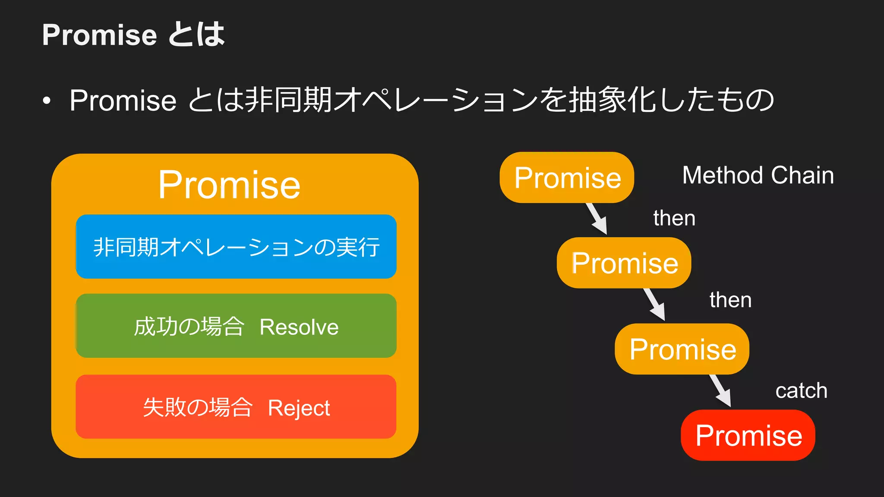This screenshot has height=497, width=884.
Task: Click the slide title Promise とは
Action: [133, 35]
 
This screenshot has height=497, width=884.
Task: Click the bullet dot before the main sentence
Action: [47, 101]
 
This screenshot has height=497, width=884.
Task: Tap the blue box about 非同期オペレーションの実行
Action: [236, 247]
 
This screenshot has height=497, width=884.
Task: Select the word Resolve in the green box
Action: [299, 327]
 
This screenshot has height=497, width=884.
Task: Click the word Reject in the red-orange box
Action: [299, 408]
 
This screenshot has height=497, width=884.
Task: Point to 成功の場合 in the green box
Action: [189, 327]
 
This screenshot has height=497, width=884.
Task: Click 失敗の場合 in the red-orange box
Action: [197, 407]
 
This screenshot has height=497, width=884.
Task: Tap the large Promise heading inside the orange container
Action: [229, 185]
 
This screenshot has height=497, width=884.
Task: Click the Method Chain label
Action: [758, 175]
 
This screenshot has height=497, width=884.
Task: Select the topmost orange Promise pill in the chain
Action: [567, 177]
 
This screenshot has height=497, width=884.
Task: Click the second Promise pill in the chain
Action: [624, 263]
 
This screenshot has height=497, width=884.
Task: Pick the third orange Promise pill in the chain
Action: [682, 349]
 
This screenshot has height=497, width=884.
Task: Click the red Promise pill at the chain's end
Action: [748, 435]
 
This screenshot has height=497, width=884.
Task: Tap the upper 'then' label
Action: [674, 218]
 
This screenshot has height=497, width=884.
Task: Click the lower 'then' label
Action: [730, 300]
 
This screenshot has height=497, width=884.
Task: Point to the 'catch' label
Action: [801, 391]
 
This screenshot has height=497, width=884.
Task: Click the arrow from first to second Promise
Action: [597, 219]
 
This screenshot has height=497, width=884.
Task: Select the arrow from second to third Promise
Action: [655, 305]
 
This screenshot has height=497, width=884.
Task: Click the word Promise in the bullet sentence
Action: [123, 101]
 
